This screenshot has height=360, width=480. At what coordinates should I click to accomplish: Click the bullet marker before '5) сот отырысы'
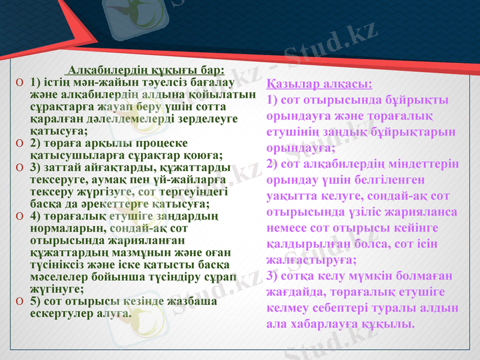[x=20, y=302]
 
